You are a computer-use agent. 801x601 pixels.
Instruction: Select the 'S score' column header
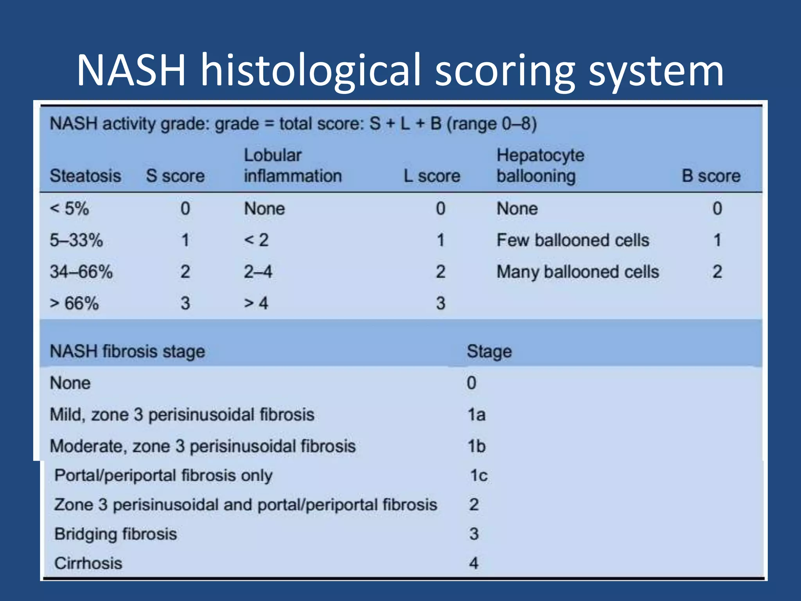[175, 176]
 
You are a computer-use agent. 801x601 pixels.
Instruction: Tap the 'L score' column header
[432, 176]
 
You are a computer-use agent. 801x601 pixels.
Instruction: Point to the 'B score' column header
[711, 176]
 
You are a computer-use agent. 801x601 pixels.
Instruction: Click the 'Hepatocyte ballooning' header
[540, 166]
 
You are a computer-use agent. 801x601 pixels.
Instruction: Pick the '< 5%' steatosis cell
[70, 209]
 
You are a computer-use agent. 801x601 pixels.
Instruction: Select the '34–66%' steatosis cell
[81, 272]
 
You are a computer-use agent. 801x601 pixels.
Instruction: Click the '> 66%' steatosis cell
[74, 304]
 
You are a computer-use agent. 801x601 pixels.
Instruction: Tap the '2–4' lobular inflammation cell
[258, 272]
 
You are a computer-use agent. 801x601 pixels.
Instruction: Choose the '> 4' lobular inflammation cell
[256, 304]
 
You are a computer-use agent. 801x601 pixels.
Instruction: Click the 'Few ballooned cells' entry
[573, 240]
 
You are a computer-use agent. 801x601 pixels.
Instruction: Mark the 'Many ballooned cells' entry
[578, 272]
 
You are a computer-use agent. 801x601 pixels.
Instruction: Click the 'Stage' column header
[489, 351]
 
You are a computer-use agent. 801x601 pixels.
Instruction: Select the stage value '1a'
[477, 415]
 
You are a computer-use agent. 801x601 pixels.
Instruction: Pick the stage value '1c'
[479, 476]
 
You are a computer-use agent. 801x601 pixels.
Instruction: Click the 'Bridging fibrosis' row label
[116, 534]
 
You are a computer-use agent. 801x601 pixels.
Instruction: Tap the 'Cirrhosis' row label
[88, 563]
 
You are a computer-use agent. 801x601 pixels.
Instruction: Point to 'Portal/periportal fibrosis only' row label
[163, 476]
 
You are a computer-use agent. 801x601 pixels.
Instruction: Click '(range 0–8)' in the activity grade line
[492, 124]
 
